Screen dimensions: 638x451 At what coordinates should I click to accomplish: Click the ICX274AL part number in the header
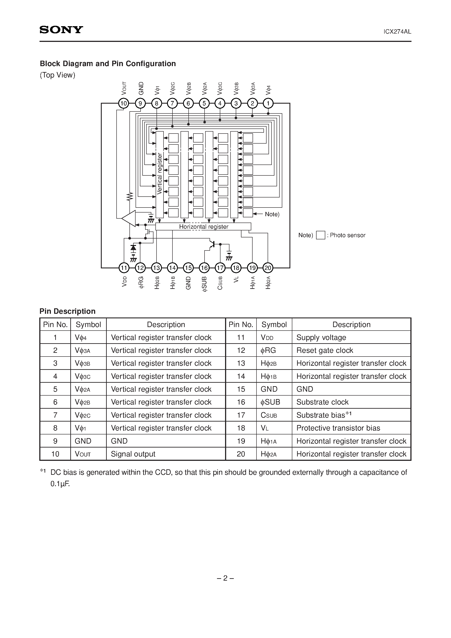pos(397,32)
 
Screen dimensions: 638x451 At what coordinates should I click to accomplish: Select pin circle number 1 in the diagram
pos(268,104)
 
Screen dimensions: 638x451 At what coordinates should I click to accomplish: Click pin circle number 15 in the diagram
pos(188,268)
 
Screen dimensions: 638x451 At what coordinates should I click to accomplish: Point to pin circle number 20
pos(268,268)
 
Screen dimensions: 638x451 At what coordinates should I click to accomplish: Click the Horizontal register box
pos(203,226)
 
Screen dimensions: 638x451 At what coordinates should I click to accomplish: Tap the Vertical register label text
pos(159,174)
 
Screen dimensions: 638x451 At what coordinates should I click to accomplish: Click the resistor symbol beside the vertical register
pos(130,196)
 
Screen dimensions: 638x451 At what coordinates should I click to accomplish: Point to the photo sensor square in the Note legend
pos(321,235)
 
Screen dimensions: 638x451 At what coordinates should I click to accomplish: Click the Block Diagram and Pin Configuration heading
pos(108,64)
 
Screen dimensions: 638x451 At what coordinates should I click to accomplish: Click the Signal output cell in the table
pos(133,454)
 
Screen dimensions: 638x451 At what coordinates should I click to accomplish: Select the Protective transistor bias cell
pos(338,428)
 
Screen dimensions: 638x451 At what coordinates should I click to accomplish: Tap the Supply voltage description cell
pos(321,337)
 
